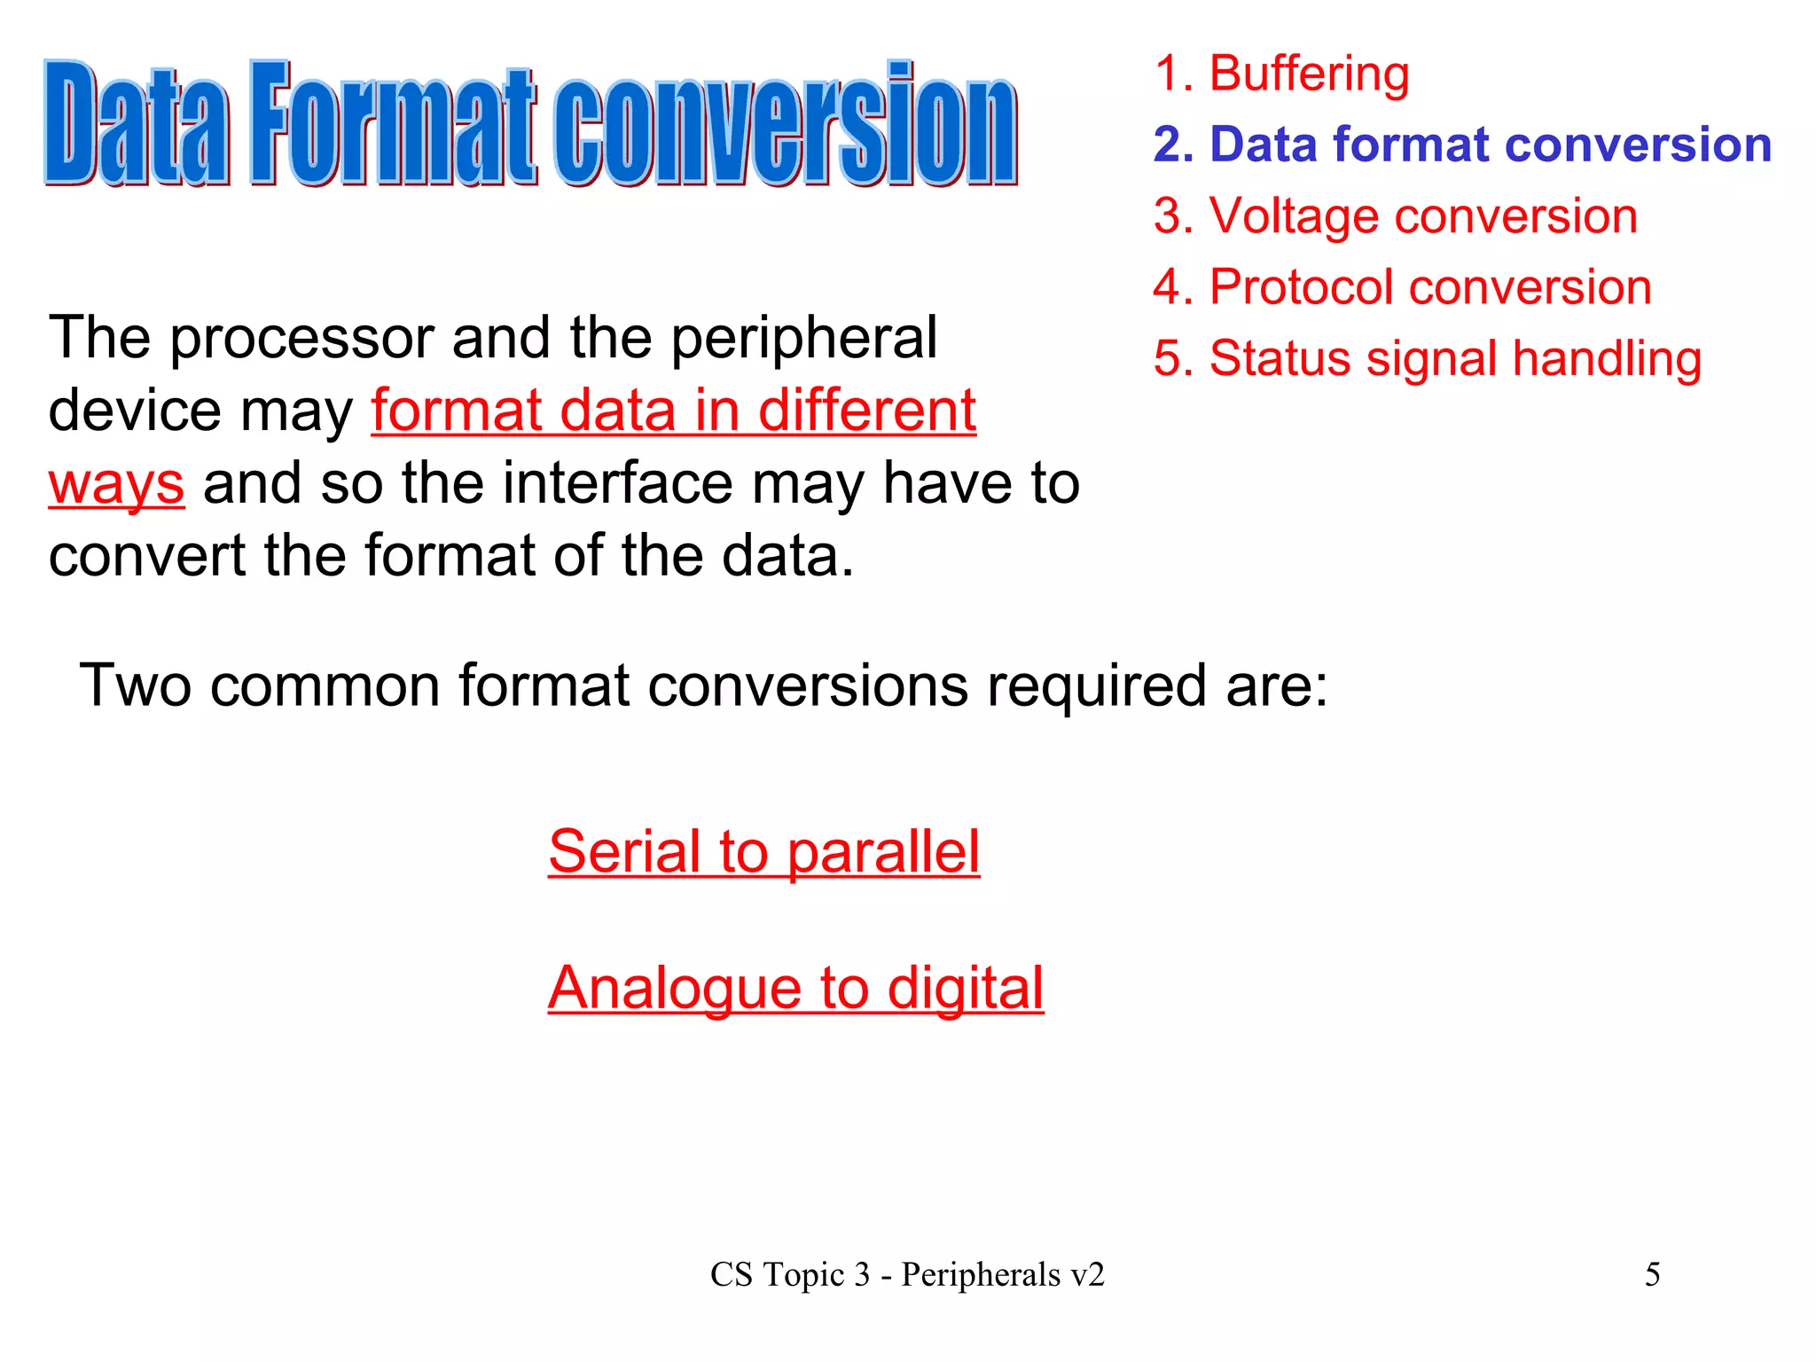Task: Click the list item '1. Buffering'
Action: click(1280, 74)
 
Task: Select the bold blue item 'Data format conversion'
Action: click(1462, 145)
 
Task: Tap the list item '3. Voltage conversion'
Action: click(1395, 216)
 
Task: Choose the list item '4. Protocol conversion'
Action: click(1402, 287)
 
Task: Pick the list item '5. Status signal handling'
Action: click(1427, 358)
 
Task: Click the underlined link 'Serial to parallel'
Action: click(763, 851)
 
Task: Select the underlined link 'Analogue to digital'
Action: click(795, 988)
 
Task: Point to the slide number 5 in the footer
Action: click(1652, 1274)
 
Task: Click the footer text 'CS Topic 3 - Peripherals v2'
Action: click(907, 1274)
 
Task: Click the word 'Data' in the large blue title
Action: click(137, 124)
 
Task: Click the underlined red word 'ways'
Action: click(116, 484)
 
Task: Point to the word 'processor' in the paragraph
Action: click(301, 339)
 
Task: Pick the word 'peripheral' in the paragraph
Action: click(803, 339)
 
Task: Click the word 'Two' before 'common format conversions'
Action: click(135, 685)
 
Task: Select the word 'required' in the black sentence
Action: click(1096, 685)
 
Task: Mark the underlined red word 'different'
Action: click(866, 411)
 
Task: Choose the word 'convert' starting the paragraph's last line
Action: click(146, 557)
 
